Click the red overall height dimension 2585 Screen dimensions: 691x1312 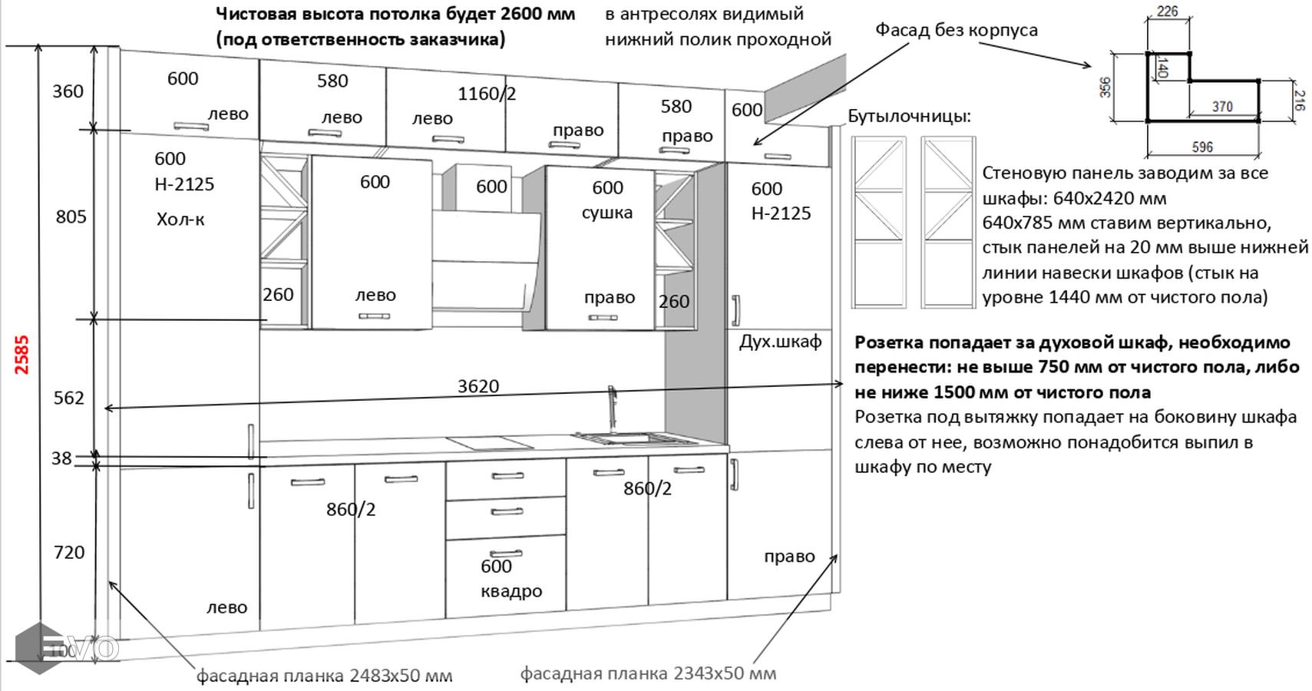[x=21, y=355]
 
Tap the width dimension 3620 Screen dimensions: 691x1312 [x=478, y=386]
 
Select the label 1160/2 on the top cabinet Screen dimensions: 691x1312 [x=487, y=94]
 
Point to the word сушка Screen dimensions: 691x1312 [x=606, y=213]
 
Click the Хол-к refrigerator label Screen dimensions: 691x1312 [x=180, y=220]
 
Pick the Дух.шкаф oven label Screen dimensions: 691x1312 [x=780, y=342]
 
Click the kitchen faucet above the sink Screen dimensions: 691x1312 [x=613, y=407]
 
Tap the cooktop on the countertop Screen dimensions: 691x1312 [x=490, y=442]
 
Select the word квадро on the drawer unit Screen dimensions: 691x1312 [x=511, y=591]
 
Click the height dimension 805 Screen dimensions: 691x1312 [x=71, y=217]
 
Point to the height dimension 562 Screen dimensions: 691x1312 [x=68, y=398]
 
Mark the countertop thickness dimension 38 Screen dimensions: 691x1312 [x=61, y=458]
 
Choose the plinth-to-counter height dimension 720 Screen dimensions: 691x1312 [x=68, y=552]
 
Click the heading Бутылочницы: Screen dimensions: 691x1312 [x=909, y=116]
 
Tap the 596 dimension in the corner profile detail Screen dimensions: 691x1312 [x=1202, y=147]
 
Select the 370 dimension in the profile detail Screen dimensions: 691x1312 [x=1222, y=107]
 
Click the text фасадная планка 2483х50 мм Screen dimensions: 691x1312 [x=324, y=676]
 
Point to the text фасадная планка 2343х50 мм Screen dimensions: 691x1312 [x=648, y=673]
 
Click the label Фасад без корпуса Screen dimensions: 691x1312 [x=957, y=30]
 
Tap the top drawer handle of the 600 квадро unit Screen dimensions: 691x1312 [x=507, y=476]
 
